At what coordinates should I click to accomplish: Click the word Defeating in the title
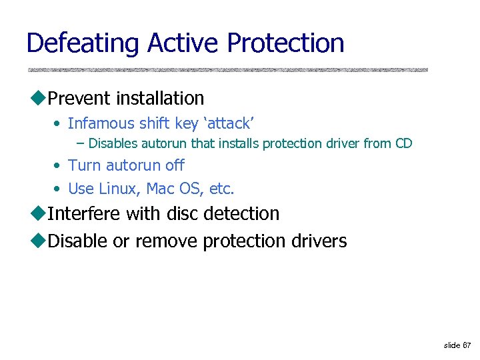(83, 43)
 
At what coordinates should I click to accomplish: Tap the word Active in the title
(184, 43)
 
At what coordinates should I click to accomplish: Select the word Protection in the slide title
(285, 43)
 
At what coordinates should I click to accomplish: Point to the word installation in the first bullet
(159, 99)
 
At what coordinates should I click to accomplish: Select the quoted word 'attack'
(230, 123)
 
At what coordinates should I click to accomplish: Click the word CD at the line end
(404, 143)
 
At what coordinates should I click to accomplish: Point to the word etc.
(221, 189)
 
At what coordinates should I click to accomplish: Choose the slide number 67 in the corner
(467, 345)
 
